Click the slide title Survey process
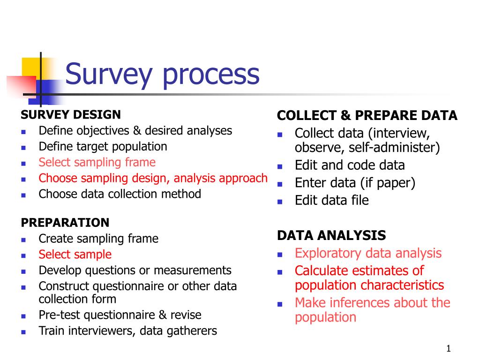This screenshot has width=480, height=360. [162, 74]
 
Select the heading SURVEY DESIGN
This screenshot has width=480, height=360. [70, 114]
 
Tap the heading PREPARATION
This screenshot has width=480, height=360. [65, 222]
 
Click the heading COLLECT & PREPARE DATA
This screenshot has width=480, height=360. [367, 116]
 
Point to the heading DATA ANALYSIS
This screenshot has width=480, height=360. [331, 235]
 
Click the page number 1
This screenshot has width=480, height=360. [448, 348]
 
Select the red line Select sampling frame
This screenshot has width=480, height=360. [97, 163]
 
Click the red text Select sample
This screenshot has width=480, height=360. [75, 255]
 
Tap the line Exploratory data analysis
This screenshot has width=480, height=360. [368, 253]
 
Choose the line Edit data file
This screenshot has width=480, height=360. [331, 201]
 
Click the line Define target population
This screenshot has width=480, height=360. [103, 147]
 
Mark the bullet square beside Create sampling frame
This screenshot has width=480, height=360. [23, 240]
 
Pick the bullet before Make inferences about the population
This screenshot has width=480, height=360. [279, 304]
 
